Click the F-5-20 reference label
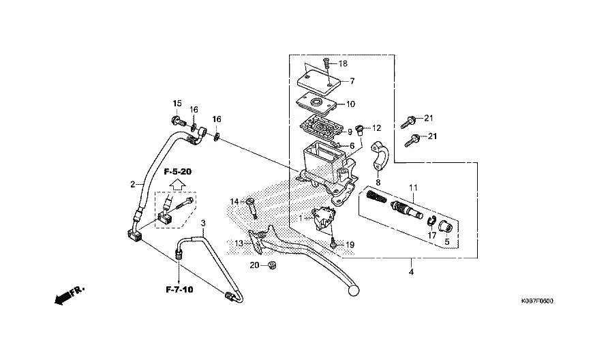click(x=178, y=171)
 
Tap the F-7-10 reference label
click(x=179, y=289)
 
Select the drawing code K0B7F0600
click(x=537, y=301)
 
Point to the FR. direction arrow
click(x=70, y=296)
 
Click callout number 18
click(x=343, y=63)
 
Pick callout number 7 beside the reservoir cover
click(x=352, y=81)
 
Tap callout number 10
click(x=350, y=104)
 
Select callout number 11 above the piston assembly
click(x=413, y=187)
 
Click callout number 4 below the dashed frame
click(x=411, y=272)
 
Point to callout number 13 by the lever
click(x=239, y=243)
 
